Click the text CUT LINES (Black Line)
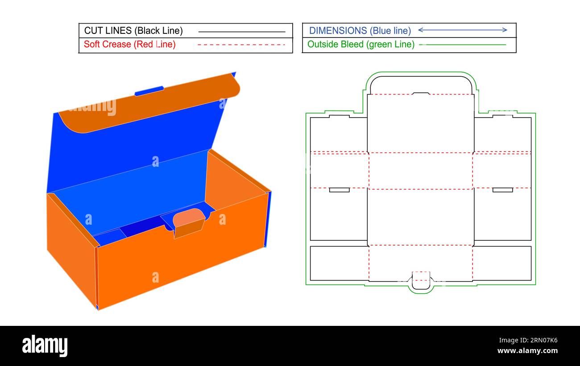133,31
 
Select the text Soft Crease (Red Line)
129,45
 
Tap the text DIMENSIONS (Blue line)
360,31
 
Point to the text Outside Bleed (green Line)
360,45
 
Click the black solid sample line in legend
241,32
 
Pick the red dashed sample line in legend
241,45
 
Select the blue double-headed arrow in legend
462,30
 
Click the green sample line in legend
463,45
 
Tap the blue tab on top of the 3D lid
149,91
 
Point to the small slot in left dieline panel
339,190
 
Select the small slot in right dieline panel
502,190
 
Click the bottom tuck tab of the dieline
421,282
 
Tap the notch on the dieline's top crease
421,93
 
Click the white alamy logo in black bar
45,346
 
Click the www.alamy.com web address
527,351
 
